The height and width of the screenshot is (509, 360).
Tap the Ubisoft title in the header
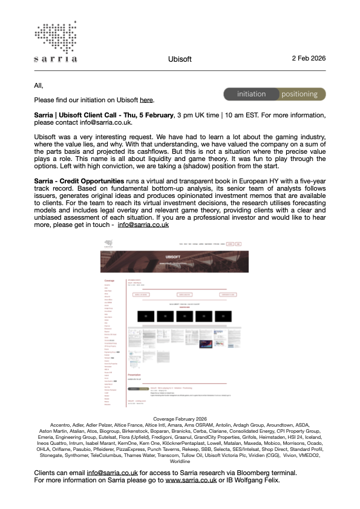pos(180,59)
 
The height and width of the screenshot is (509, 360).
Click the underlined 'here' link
pos(146,99)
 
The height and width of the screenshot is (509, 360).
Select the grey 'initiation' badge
pos(252,94)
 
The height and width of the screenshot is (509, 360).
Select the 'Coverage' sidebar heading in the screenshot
pos(110,281)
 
